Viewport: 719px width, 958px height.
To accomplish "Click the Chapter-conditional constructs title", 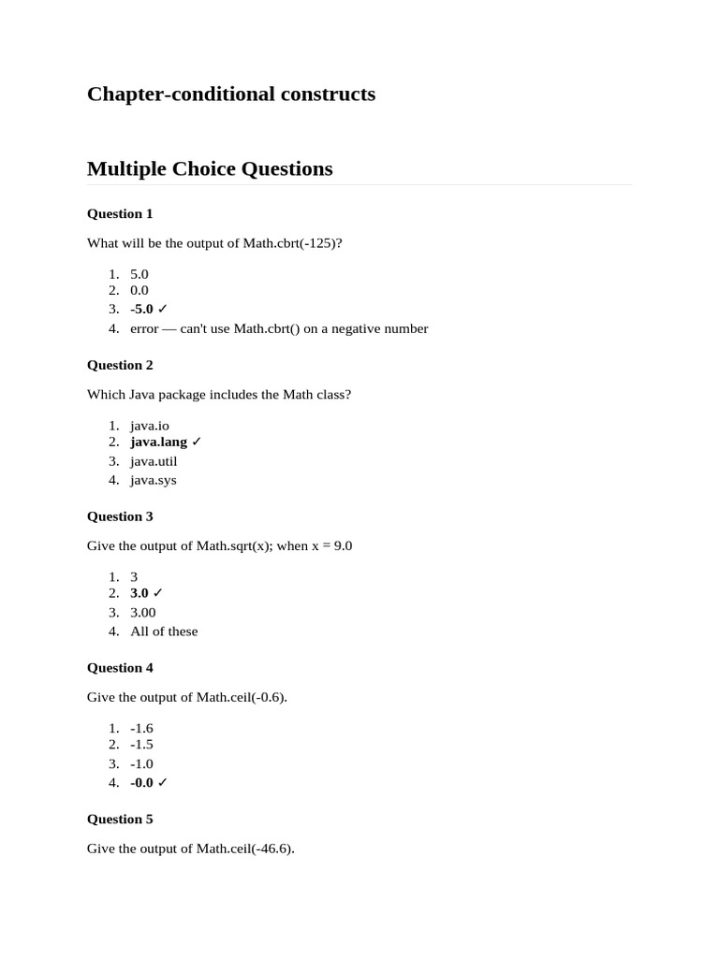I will [230, 94].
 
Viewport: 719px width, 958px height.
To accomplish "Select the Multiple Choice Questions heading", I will [210, 169].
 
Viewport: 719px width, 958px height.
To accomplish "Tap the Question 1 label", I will [120, 213].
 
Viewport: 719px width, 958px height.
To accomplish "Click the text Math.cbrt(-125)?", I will [292, 243].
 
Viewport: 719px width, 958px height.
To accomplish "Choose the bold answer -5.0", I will [141, 309].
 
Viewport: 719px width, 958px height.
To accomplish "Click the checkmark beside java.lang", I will [197, 442].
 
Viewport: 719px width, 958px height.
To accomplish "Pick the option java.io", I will [150, 426].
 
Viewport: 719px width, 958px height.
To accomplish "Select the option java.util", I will [154, 461].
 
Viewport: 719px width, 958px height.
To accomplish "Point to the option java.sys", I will [154, 480].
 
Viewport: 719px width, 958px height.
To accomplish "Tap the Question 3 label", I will [120, 516].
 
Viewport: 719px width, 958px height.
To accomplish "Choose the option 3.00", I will [143, 613].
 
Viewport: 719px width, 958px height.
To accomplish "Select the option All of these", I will [164, 631].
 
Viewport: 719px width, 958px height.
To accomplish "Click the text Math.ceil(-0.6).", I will [241, 697].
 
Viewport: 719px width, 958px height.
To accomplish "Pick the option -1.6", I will [141, 729].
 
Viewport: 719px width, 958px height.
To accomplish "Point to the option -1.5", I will [141, 745].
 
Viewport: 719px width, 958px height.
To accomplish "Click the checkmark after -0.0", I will [163, 783].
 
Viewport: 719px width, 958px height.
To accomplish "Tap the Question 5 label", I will [120, 820].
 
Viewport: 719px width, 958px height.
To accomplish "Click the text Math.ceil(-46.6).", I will [244, 849].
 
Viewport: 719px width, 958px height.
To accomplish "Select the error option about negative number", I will [279, 328].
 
